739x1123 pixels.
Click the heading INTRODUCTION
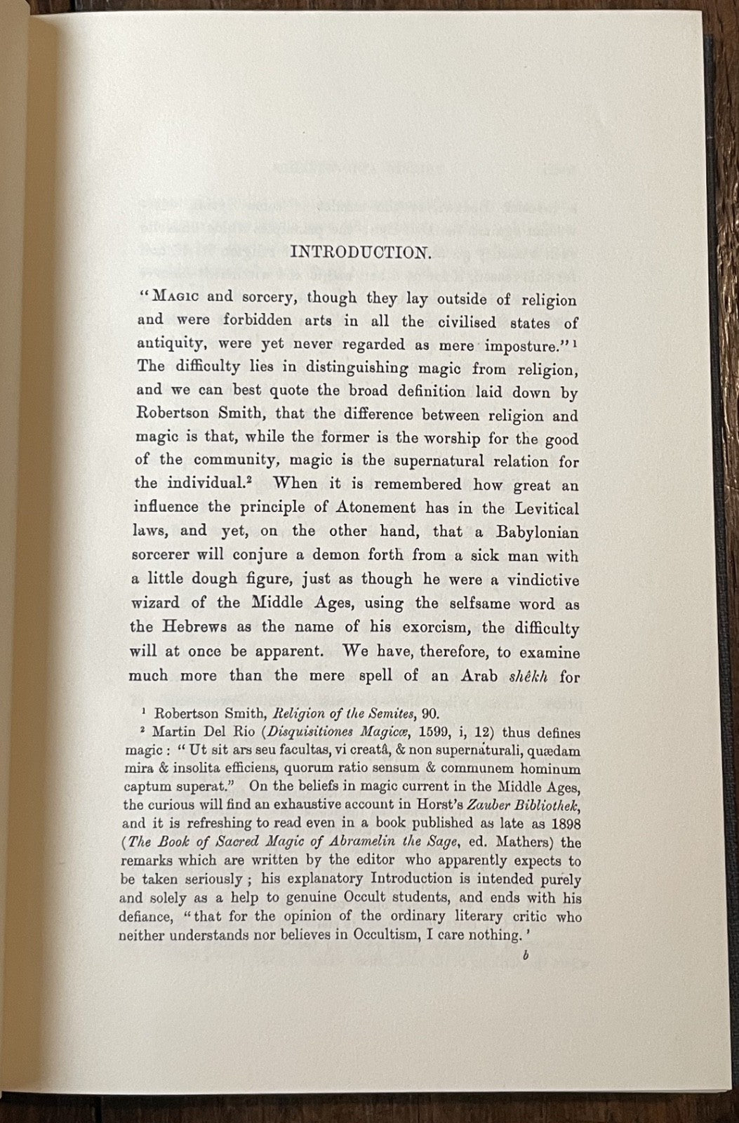360,253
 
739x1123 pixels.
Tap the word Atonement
379,507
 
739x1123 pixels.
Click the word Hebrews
199,627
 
